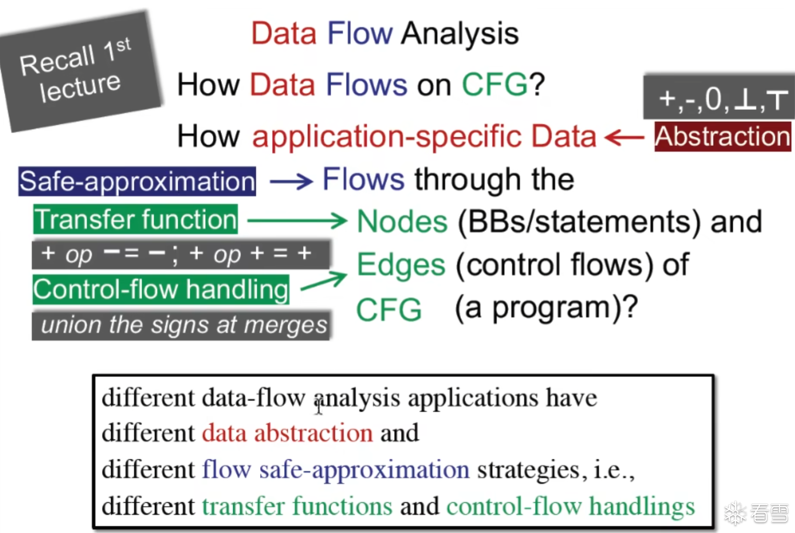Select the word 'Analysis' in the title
(x=460, y=33)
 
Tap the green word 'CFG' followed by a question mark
(x=494, y=85)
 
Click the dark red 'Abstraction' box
(x=723, y=136)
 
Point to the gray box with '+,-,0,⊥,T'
(x=719, y=97)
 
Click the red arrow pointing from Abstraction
(x=624, y=138)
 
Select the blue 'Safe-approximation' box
(x=137, y=181)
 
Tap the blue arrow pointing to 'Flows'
(x=291, y=182)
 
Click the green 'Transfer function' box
(x=135, y=219)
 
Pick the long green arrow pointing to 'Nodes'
(x=297, y=221)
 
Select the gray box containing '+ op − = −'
(x=181, y=254)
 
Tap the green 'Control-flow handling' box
(x=161, y=289)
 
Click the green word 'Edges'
(x=401, y=265)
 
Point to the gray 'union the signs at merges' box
(x=181, y=325)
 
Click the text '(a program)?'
(x=546, y=308)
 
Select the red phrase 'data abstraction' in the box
(x=287, y=433)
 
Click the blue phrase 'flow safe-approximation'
(x=336, y=469)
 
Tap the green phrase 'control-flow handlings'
(x=571, y=506)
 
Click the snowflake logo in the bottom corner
(x=735, y=513)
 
